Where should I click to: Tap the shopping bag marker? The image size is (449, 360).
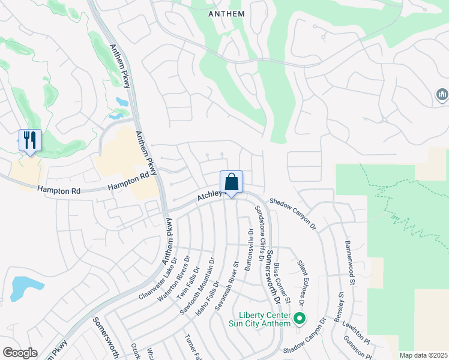[x=231, y=182]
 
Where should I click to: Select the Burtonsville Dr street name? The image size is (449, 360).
[x=248, y=249]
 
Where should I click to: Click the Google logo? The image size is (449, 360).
[x=20, y=353]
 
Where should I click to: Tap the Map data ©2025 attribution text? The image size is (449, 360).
[x=423, y=355]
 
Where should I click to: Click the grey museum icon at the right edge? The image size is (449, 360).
[x=443, y=95]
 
